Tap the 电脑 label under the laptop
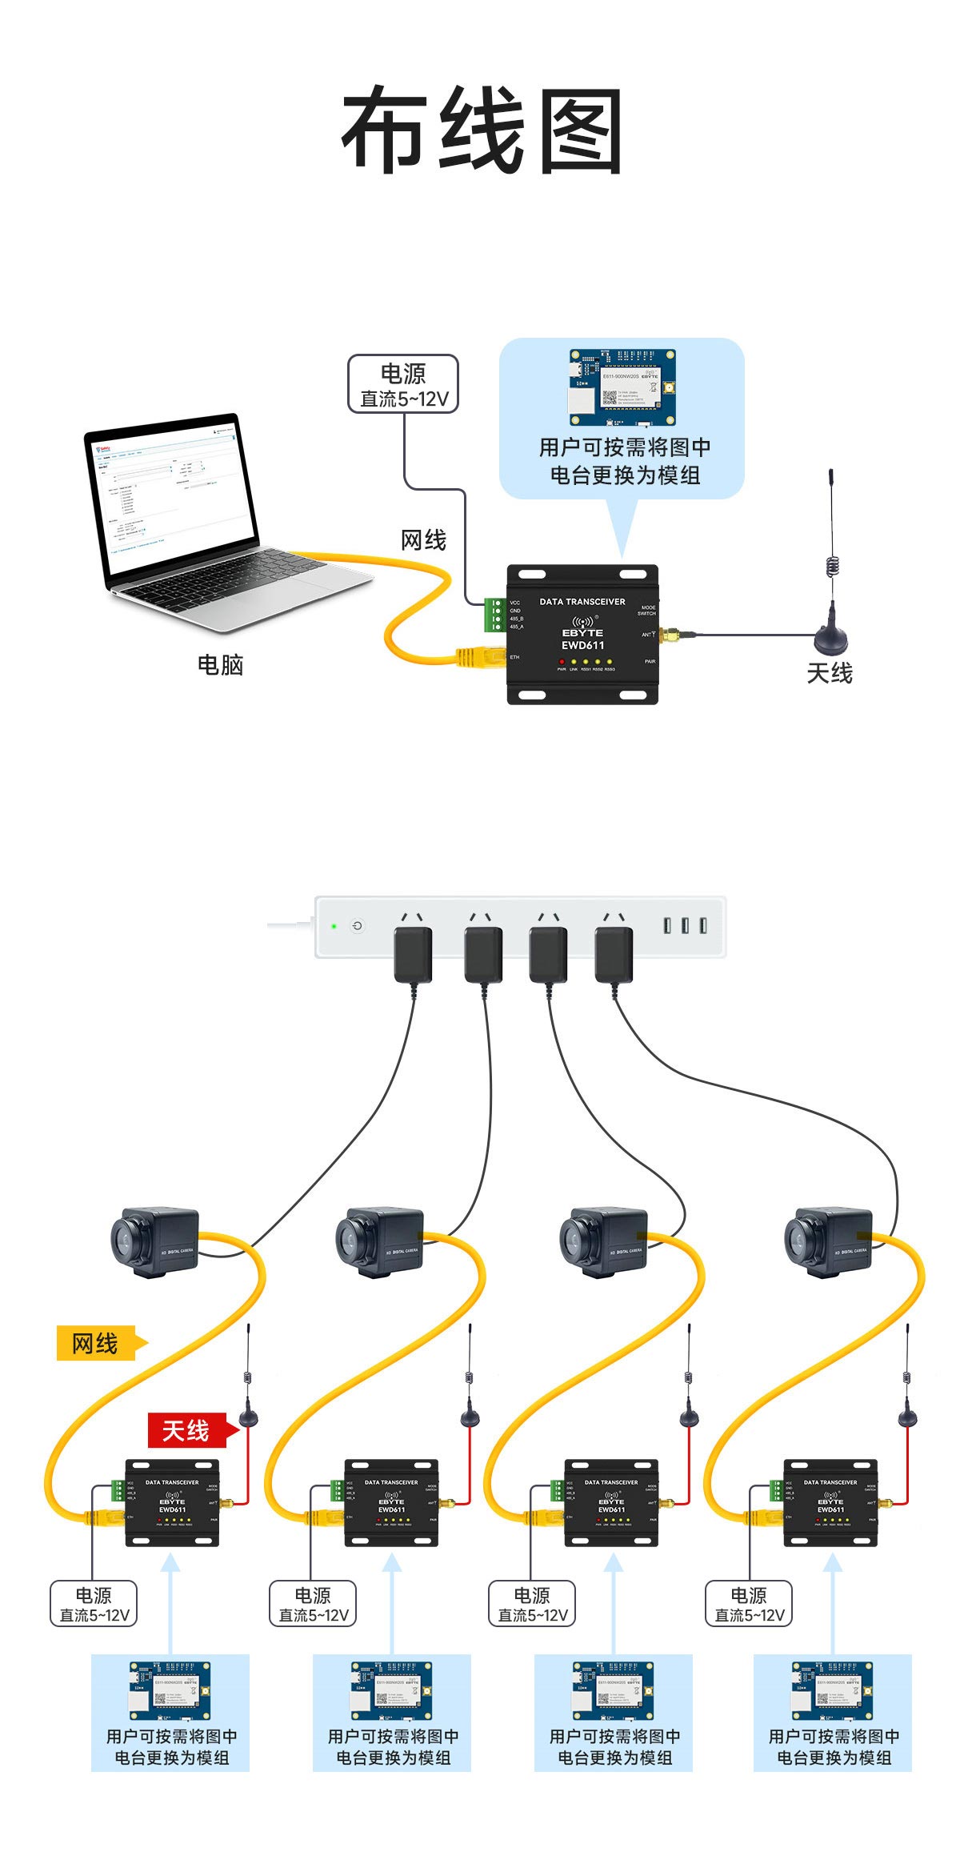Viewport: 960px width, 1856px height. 220,664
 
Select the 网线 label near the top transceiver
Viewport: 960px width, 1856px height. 423,540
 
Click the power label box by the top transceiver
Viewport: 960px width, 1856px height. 403,385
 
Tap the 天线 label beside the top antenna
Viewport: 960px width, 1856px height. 830,673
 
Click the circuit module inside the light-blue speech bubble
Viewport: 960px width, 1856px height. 622,388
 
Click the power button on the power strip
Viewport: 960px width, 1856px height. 358,926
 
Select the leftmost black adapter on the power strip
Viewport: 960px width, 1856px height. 413,954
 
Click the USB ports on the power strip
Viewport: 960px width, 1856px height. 685,925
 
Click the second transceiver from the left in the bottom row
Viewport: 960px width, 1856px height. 391,1502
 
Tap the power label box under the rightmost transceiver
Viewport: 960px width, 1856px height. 749,1603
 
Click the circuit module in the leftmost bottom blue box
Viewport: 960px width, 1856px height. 170,1690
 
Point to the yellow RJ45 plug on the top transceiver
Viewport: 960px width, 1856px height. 468,658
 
